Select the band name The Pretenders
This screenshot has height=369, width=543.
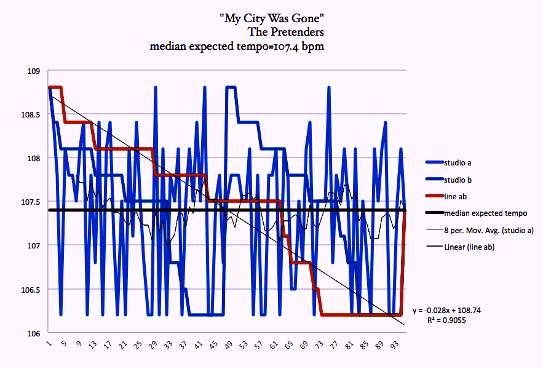click(285, 31)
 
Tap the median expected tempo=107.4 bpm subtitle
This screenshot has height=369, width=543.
click(237, 46)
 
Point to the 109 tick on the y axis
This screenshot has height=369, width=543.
click(33, 71)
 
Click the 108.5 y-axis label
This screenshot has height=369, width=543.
click(28, 115)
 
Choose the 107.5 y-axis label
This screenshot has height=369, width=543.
click(28, 202)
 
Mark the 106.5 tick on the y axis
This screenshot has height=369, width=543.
click(28, 290)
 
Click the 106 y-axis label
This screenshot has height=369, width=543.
click(33, 333)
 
